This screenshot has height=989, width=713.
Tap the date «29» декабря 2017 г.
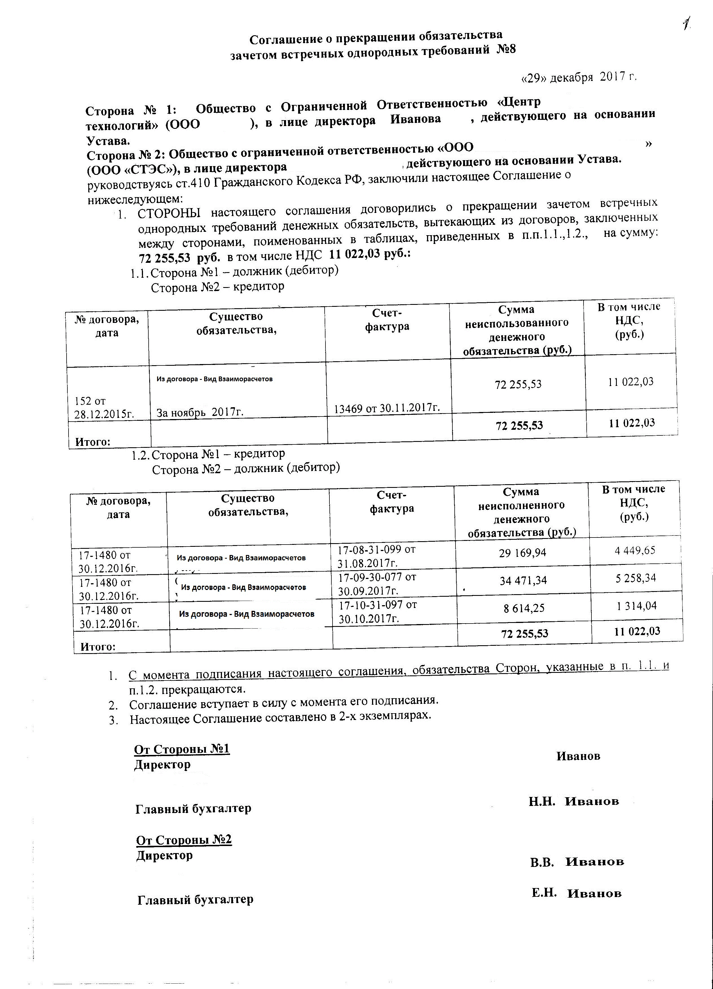[x=579, y=78]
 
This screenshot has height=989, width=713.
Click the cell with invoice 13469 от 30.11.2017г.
[x=386, y=408]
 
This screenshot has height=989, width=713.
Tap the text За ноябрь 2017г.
[x=200, y=412]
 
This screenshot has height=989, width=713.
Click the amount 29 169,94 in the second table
[x=522, y=553]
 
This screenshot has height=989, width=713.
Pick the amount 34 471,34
[x=523, y=580]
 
